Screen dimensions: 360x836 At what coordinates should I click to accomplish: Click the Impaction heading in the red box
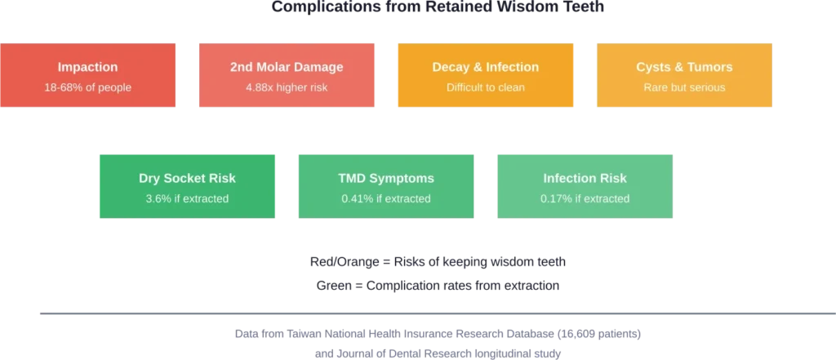[87, 67]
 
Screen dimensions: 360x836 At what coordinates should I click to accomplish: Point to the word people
[114, 87]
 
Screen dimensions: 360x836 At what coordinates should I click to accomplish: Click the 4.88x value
[260, 87]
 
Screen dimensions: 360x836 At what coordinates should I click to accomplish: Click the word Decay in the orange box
[450, 67]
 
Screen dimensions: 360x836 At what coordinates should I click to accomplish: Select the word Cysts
[655, 67]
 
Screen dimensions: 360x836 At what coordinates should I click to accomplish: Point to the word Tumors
[709, 67]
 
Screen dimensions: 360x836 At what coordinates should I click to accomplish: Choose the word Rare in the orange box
[655, 87]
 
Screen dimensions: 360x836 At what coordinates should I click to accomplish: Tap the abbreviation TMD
[354, 178]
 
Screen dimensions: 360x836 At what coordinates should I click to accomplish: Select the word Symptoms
[403, 178]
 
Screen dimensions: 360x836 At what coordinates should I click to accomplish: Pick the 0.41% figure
[357, 198]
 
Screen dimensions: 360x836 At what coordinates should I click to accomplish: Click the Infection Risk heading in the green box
[585, 178]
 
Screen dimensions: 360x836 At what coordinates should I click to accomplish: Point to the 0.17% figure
[556, 198]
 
